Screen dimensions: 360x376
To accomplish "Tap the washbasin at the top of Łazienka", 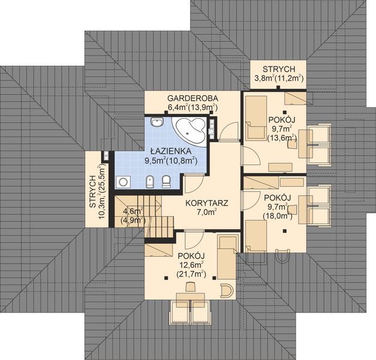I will [x=157, y=124].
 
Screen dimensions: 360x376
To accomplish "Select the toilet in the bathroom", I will [x=166, y=181].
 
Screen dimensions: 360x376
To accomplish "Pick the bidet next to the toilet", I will [x=151, y=181].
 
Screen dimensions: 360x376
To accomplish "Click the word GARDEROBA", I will [x=192, y=97].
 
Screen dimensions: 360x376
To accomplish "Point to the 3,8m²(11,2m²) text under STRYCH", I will [x=278, y=77].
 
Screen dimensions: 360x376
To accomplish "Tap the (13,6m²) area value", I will [x=281, y=137].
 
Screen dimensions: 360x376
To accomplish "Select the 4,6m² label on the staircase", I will [x=132, y=211].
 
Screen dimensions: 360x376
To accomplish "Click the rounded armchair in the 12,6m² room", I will [x=225, y=290].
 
